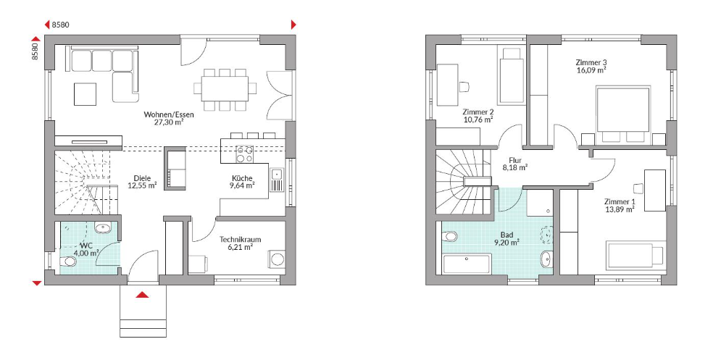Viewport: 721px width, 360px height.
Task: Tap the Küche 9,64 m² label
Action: (242, 182)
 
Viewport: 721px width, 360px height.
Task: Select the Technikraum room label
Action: (241, 239)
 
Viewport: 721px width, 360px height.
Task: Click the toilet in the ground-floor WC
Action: (68, 261)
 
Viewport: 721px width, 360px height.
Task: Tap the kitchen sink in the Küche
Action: (277, 180)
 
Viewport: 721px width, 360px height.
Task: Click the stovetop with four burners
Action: (244, 154)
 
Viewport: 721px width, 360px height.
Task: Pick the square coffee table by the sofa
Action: (85, 94)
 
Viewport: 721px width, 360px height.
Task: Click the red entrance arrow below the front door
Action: (143, 295)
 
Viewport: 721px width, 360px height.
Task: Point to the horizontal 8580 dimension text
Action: (61, 25)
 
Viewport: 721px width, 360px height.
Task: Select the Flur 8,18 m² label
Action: (514, 164)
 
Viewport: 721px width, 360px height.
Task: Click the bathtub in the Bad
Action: (467, 264)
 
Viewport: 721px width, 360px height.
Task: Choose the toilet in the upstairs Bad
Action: (449, 236)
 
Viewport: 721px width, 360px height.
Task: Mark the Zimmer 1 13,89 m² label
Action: (620, 205)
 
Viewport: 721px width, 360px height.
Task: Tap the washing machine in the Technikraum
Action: (276, 259)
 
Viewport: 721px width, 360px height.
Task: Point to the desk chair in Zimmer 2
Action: (464, 86)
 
